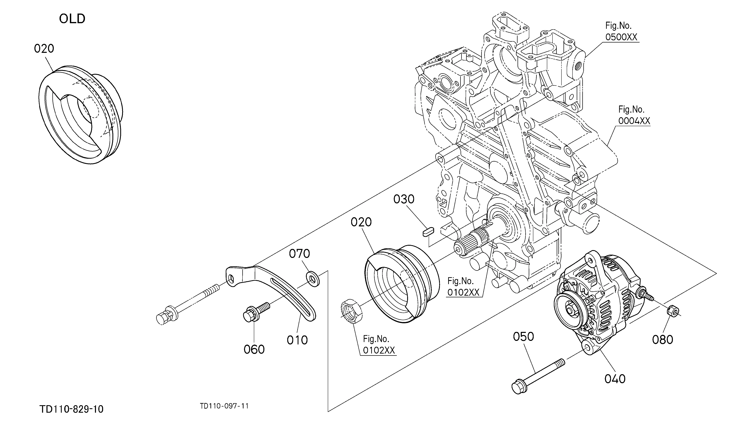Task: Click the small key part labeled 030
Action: pyautogui.click(x=427, y=232)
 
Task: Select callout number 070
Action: pyautogui.click(x=299, y=254)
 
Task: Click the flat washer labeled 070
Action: pyautogui.click(x=313, y=279)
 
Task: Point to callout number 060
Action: pyautogui.click(x=254, y=349)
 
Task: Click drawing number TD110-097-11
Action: pyautogui.click(x=224, y=406)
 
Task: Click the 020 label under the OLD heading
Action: pyautogui.click(x=44, y=49)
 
